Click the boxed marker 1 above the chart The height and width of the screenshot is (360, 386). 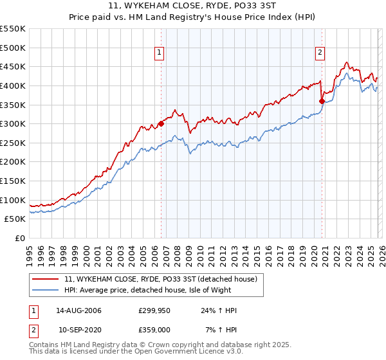[x=159, y=53]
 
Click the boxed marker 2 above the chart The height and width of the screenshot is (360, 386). [x=320, y=53]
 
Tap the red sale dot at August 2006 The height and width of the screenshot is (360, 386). [x=161, y=124]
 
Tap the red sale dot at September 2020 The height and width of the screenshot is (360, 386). [x=322, y=101]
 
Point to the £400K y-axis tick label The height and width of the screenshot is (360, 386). [x=13, y=85]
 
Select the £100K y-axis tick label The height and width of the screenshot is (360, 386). [x=13, y=200]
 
